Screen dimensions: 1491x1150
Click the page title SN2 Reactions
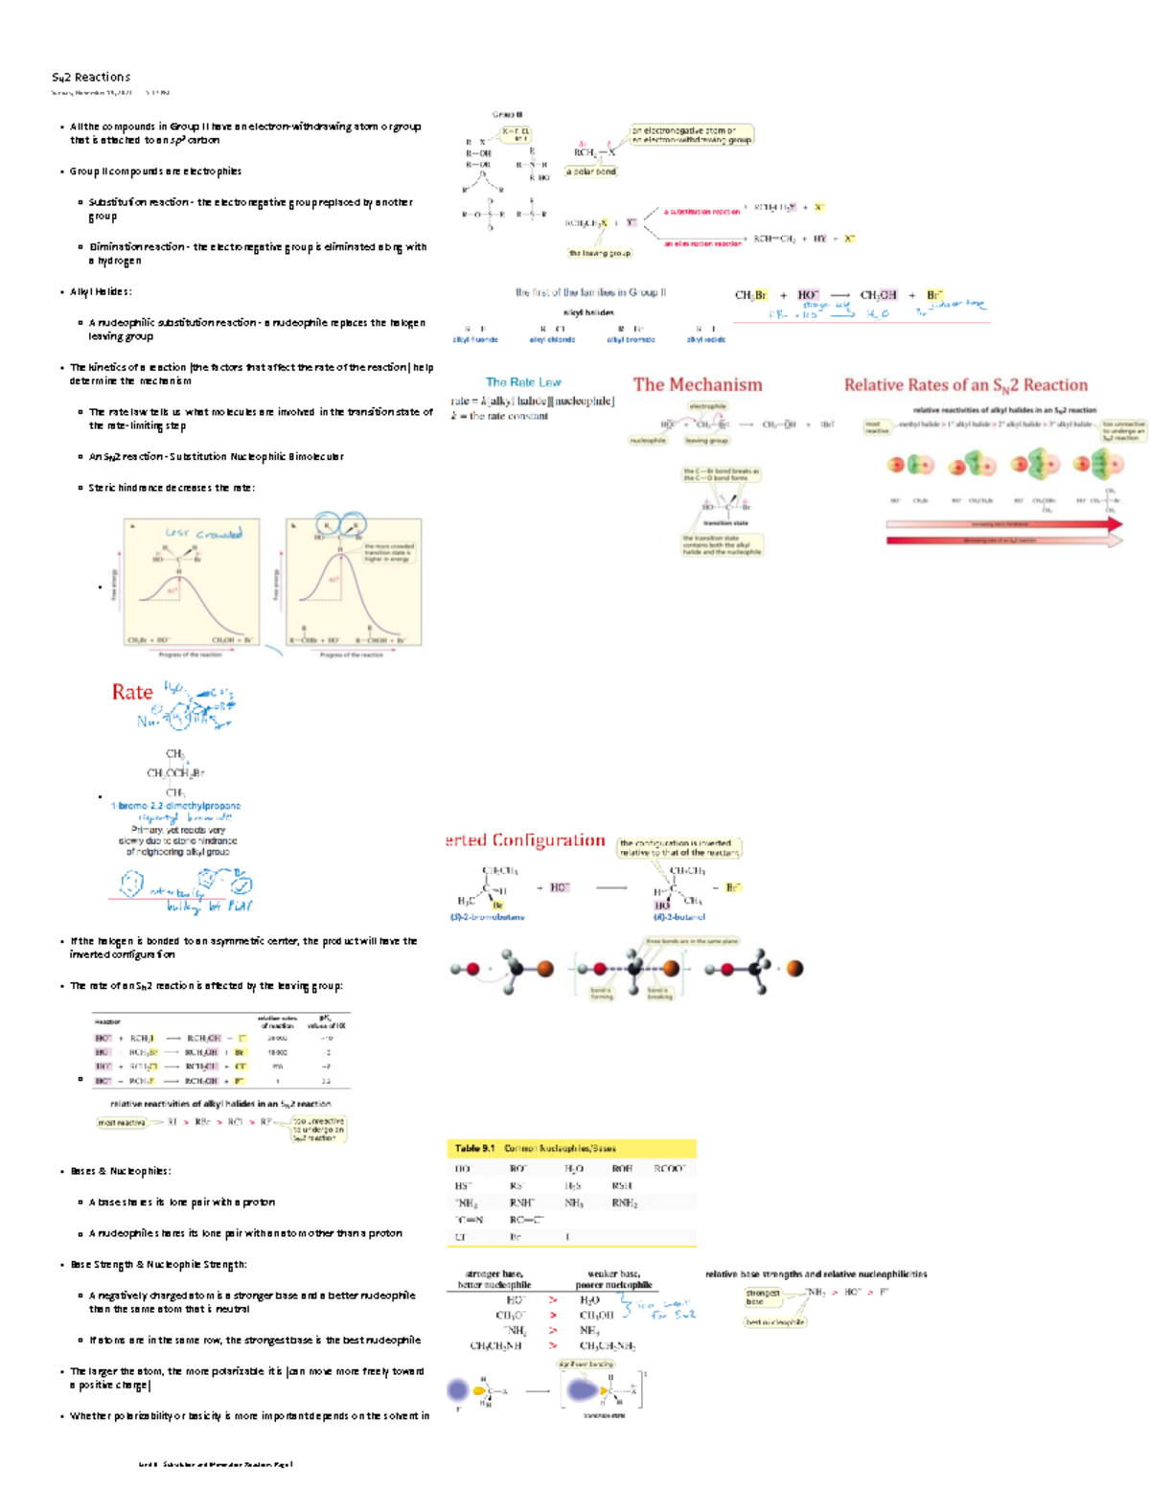[x=91, y=78]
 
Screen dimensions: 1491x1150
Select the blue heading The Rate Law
[x=522, y=382]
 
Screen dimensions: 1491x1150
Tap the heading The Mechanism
[x=697, y=385]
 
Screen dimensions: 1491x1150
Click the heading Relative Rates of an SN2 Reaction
[x=965, y=385]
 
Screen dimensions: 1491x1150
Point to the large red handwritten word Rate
[x=132, y=693]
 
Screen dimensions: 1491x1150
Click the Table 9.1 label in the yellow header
[x=474, y=1148]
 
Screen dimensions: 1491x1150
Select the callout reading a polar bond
[x=591, y=172]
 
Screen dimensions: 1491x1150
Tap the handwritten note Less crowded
[x=203, y=534]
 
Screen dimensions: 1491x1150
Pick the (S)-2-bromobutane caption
[x=487, y=917]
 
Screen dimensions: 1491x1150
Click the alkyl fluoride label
[x=474, y=339]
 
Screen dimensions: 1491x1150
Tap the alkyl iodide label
[x=705, y=339]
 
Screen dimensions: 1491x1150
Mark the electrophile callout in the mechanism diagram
[x=707, y=406]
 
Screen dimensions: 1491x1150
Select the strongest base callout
[x=763, y=1296]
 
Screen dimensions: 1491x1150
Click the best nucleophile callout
[x=775, y=1322]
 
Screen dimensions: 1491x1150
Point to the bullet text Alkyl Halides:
[x=101, y=292]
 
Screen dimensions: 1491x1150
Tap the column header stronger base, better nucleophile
[x=494, y=1279]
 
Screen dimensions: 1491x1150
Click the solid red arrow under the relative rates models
[x=1001, y=525]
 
